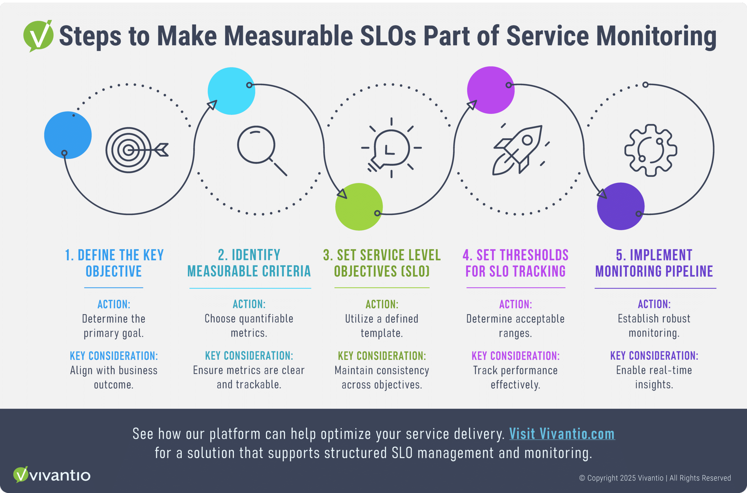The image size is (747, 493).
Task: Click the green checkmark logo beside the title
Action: point(38,36)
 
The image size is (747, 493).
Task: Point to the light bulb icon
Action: point(391,148)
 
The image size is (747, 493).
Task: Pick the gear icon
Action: point(650,150)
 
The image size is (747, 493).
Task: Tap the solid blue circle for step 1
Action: point(68,135)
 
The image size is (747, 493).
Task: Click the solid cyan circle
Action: point(232,91)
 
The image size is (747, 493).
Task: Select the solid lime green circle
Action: point(359,207)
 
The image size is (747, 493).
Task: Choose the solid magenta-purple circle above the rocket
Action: point(491,90)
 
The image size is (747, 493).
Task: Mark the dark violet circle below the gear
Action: point(621,206)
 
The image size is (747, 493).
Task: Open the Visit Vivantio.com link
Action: point(562,434)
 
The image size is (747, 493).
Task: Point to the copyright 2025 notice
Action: point(655,478)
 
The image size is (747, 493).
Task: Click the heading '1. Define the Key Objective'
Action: point(114,263)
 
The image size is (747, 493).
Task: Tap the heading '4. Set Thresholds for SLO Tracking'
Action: point(515,263)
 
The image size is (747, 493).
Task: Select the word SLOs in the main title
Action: point(388,36)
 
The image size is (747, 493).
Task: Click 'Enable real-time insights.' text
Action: point(654,377)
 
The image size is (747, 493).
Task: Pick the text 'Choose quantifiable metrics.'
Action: point(249,326)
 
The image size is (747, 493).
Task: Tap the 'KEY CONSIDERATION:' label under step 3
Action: point(382,356)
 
